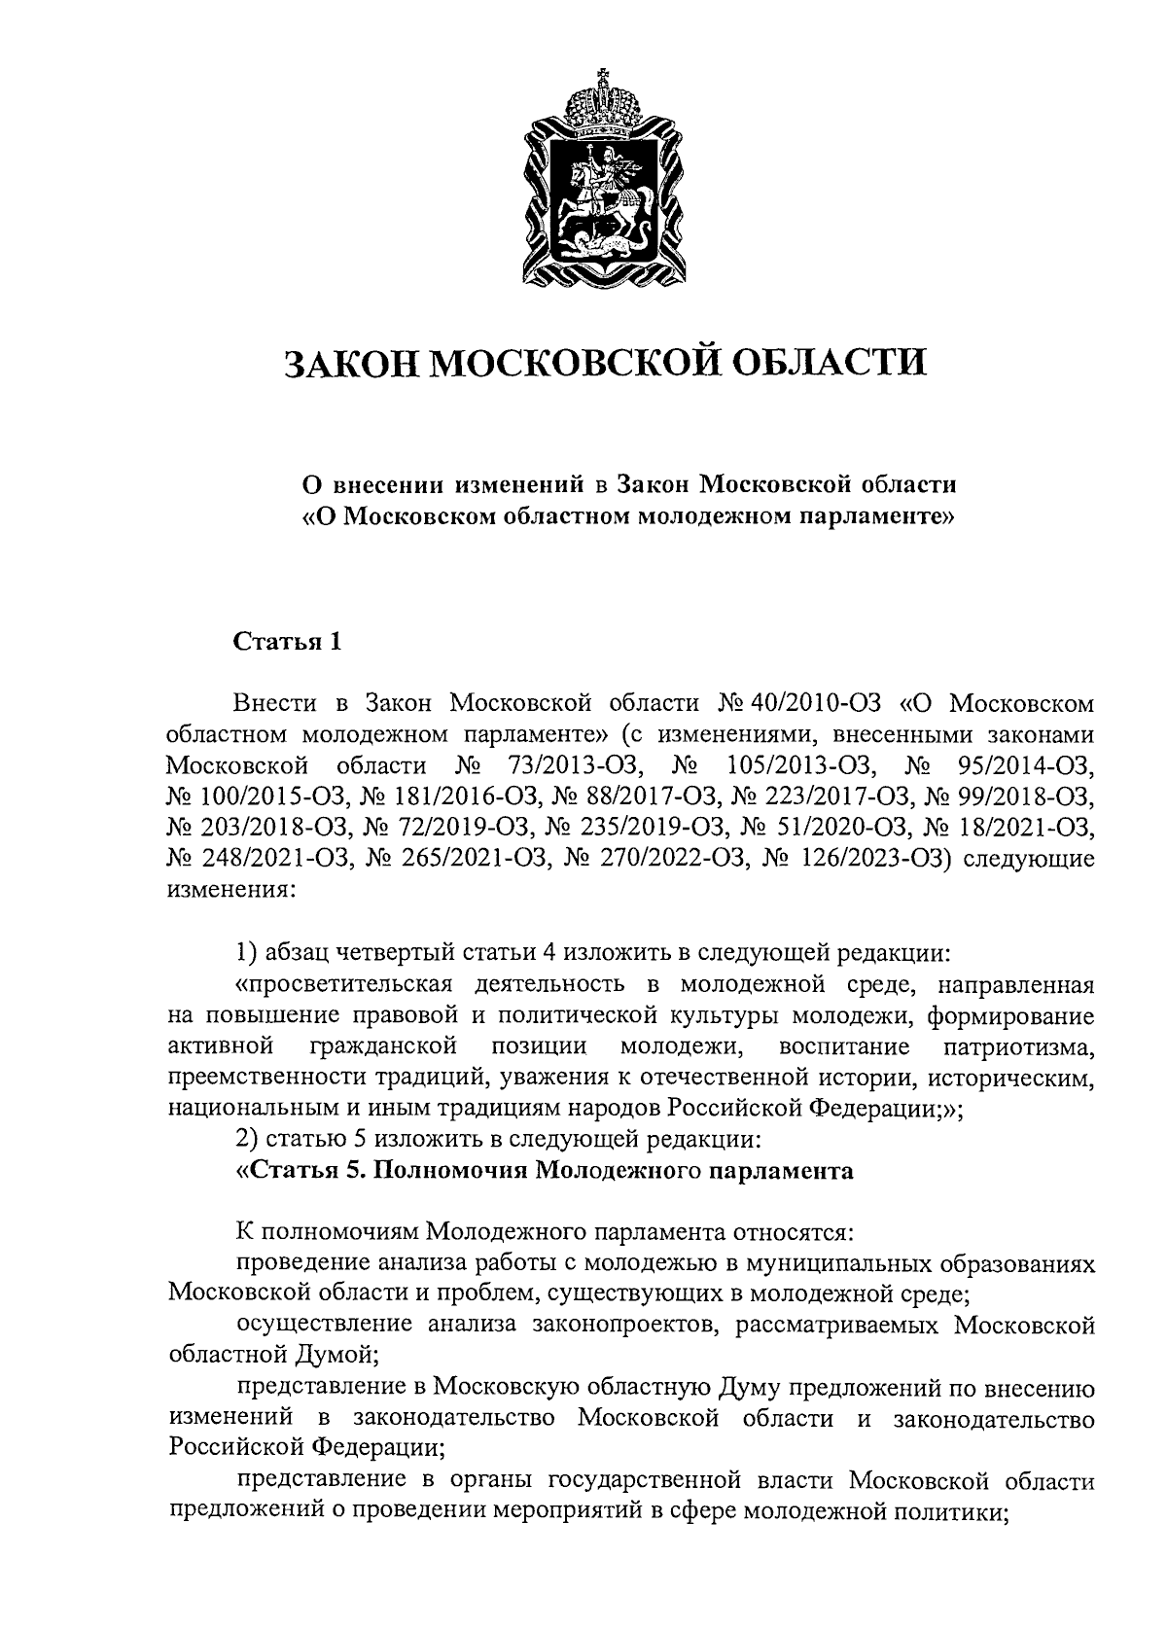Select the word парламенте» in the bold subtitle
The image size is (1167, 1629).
pos(881,515)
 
